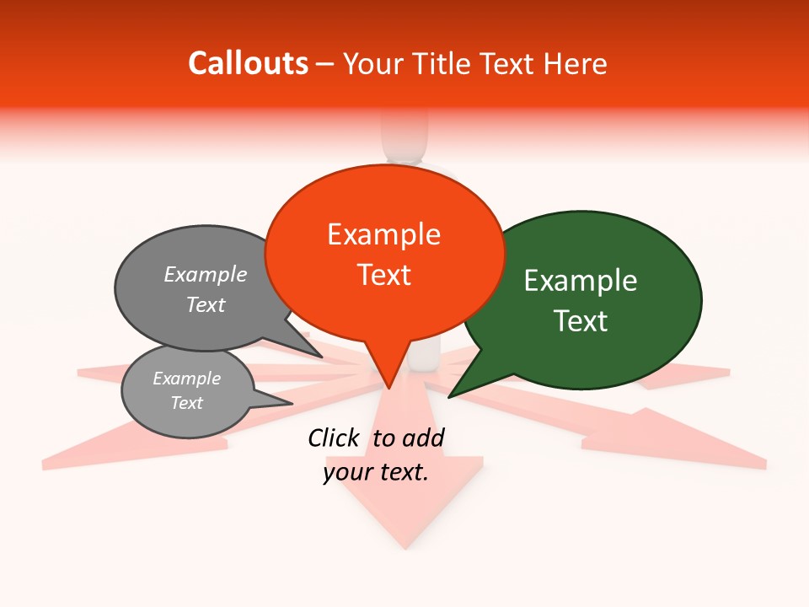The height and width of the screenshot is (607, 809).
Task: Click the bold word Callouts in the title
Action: [x=248, y=63]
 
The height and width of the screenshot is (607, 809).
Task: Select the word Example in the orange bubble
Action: [x=383, y=234]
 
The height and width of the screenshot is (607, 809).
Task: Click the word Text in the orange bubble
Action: [x=383, y=275]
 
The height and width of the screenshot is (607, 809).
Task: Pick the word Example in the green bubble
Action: [x=581, y=281]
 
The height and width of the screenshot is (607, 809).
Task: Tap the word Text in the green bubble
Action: [x=581, y=321]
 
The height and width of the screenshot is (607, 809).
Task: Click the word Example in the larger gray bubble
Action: [x=206, y=274]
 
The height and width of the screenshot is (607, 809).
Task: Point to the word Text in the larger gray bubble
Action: [x=206, y=304]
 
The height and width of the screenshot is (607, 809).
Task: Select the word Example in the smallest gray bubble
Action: [x=186, y=379]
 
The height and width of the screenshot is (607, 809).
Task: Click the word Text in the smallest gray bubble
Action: [x=186, y=403]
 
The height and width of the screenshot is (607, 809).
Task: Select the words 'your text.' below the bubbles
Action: [x=376, y=472]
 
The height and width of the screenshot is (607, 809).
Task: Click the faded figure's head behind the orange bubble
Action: [x=404, y=135]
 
